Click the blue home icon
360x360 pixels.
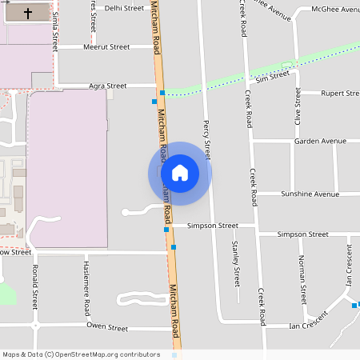click(x=179, y=173)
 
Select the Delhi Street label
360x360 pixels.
click(x=124, y=8)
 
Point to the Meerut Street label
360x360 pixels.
click(x=106, y=47)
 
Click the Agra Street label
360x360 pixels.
click(x=108, y=86)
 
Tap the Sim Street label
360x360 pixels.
click(x=273, y=77)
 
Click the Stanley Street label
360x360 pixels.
click(x=235, y=264)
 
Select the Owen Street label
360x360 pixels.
click(x=107, y=328)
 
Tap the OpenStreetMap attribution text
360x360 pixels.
click(x=81, y=354)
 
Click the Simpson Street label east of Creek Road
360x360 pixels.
click(x=302, y=234)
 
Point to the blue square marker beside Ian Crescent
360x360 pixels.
click(x=354, y=305)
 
